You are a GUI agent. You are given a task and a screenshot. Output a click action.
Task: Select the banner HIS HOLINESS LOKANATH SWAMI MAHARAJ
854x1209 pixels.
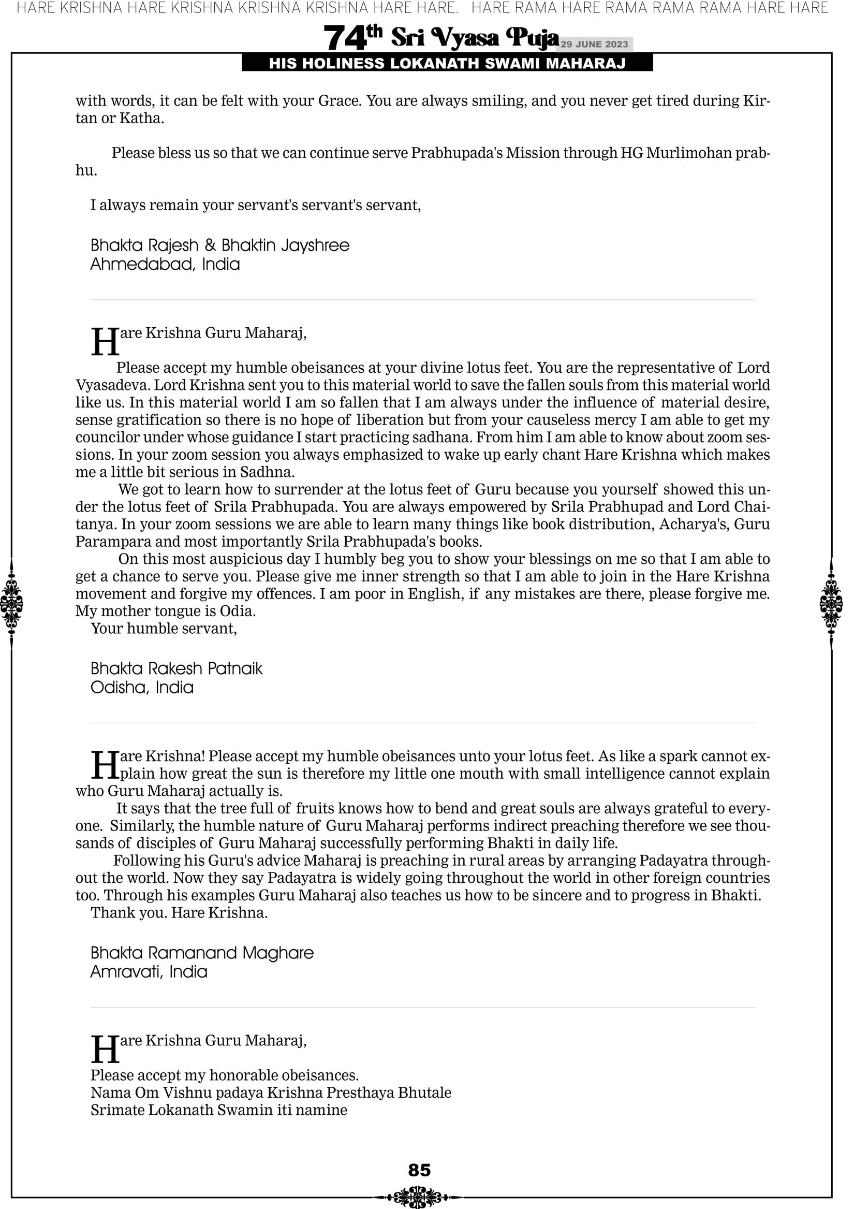click(x=447, y=64)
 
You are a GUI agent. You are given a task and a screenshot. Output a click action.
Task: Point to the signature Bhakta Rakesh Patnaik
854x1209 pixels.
click(x=176, y=668)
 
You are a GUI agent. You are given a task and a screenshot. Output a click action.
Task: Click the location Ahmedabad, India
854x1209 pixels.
click(x=165, y=264)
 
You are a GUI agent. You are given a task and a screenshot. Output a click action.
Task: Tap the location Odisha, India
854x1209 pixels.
click(x=142, y=687)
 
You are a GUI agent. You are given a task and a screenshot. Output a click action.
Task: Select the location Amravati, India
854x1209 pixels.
click(x=149, y=971)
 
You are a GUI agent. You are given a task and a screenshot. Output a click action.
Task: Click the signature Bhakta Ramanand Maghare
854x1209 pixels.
click(x=202, y=953)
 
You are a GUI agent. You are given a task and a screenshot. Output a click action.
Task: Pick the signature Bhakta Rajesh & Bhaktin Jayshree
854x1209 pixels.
click(x=219, y=245)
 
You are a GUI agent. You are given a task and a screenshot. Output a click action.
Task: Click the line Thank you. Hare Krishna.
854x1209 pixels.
click(x=179, y=912)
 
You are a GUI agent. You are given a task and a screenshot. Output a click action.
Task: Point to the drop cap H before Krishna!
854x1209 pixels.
click(x=105, y=765)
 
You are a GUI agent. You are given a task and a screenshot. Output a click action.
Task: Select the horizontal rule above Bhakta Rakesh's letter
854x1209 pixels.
click(x=422, y=300)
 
